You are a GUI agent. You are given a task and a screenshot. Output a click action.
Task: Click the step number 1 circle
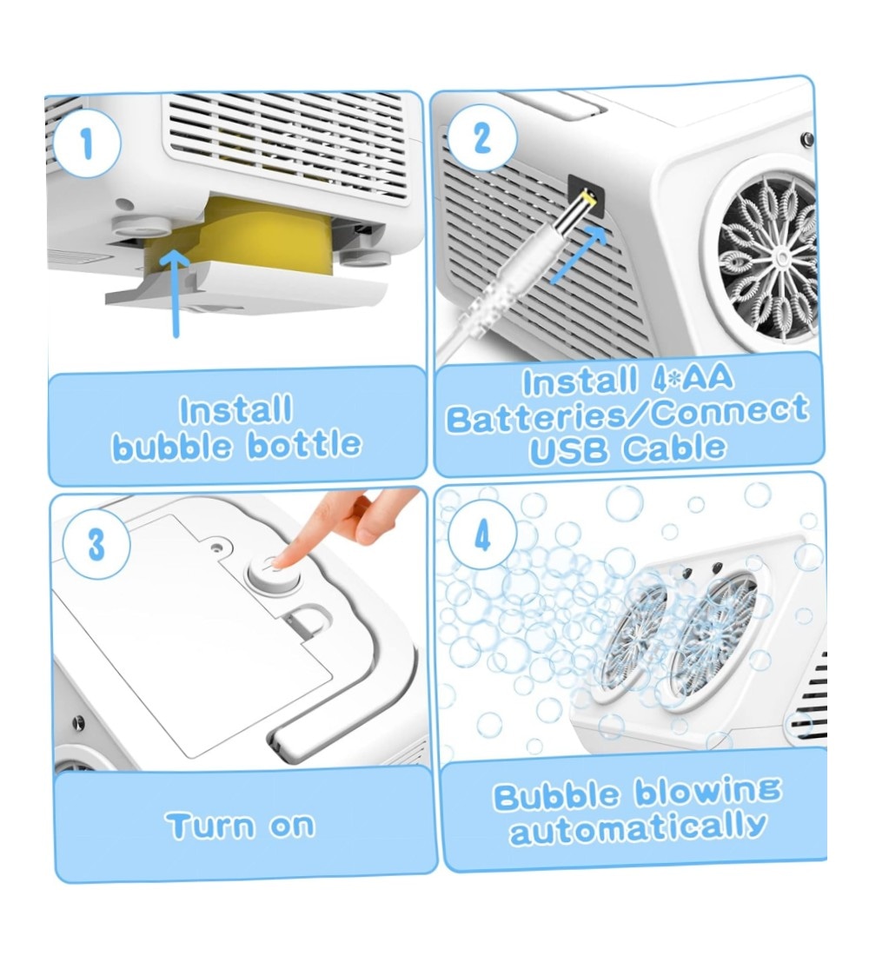tap(87, 144)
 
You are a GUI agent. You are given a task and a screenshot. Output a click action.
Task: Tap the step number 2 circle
tap(481, 137)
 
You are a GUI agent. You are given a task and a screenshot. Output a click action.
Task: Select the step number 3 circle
tap(96, 544)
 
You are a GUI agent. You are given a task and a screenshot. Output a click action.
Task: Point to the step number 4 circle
tap(482, 536)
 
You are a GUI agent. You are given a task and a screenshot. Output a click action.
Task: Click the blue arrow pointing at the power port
tap(578, 255)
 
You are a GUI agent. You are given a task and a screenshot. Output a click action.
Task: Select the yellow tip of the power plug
tap(587, 197)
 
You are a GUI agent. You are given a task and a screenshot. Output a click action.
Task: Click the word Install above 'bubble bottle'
tap(236, 410)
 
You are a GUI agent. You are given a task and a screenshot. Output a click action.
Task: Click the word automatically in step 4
tap(637, 829)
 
